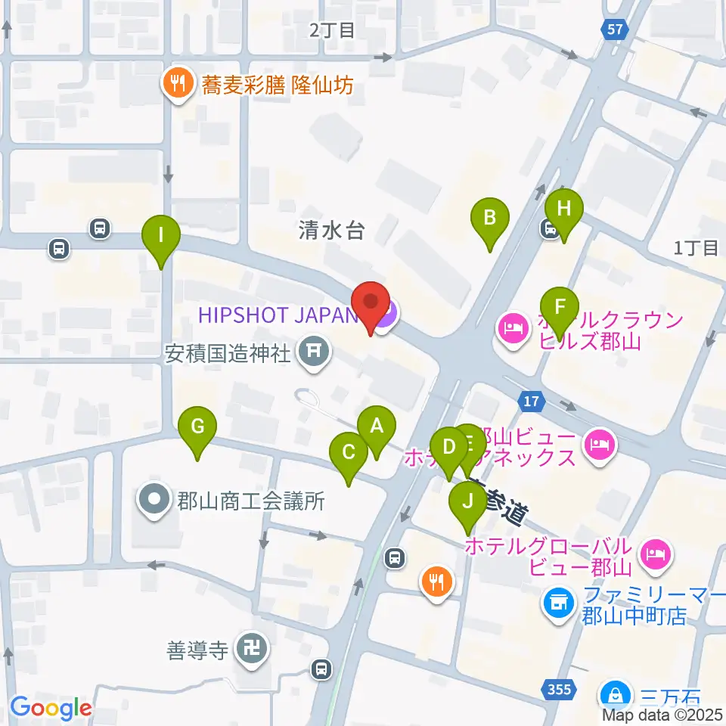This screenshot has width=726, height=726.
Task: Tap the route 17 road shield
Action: pyautogui.click(x=532, y=401)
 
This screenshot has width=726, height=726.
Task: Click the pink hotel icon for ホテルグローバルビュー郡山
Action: pyautogui.click(x=655, y=554)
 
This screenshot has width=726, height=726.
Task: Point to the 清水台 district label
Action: pyautogui.click(x=331, y=231)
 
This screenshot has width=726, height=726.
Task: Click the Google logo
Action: pyautogui.click(x=51, y=708)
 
